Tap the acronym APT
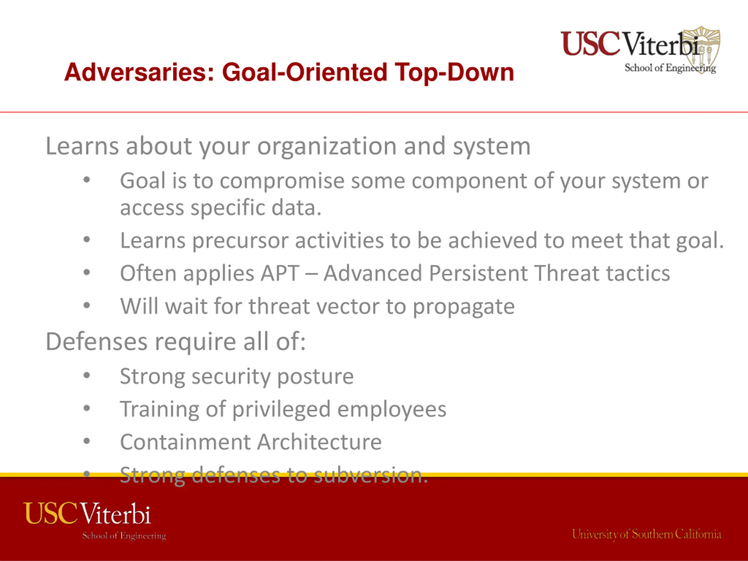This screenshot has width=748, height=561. click(x=280, y=273)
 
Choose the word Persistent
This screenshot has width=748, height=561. click(x=478, y=273)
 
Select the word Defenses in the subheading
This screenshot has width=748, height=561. click(x=97, y=342)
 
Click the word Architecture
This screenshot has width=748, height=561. click(x=320, y=442)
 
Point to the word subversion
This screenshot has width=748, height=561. click(x=370, y=475)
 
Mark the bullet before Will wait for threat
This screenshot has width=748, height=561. click(x=87, y=305)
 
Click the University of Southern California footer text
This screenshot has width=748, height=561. click(x=647, y=535)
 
